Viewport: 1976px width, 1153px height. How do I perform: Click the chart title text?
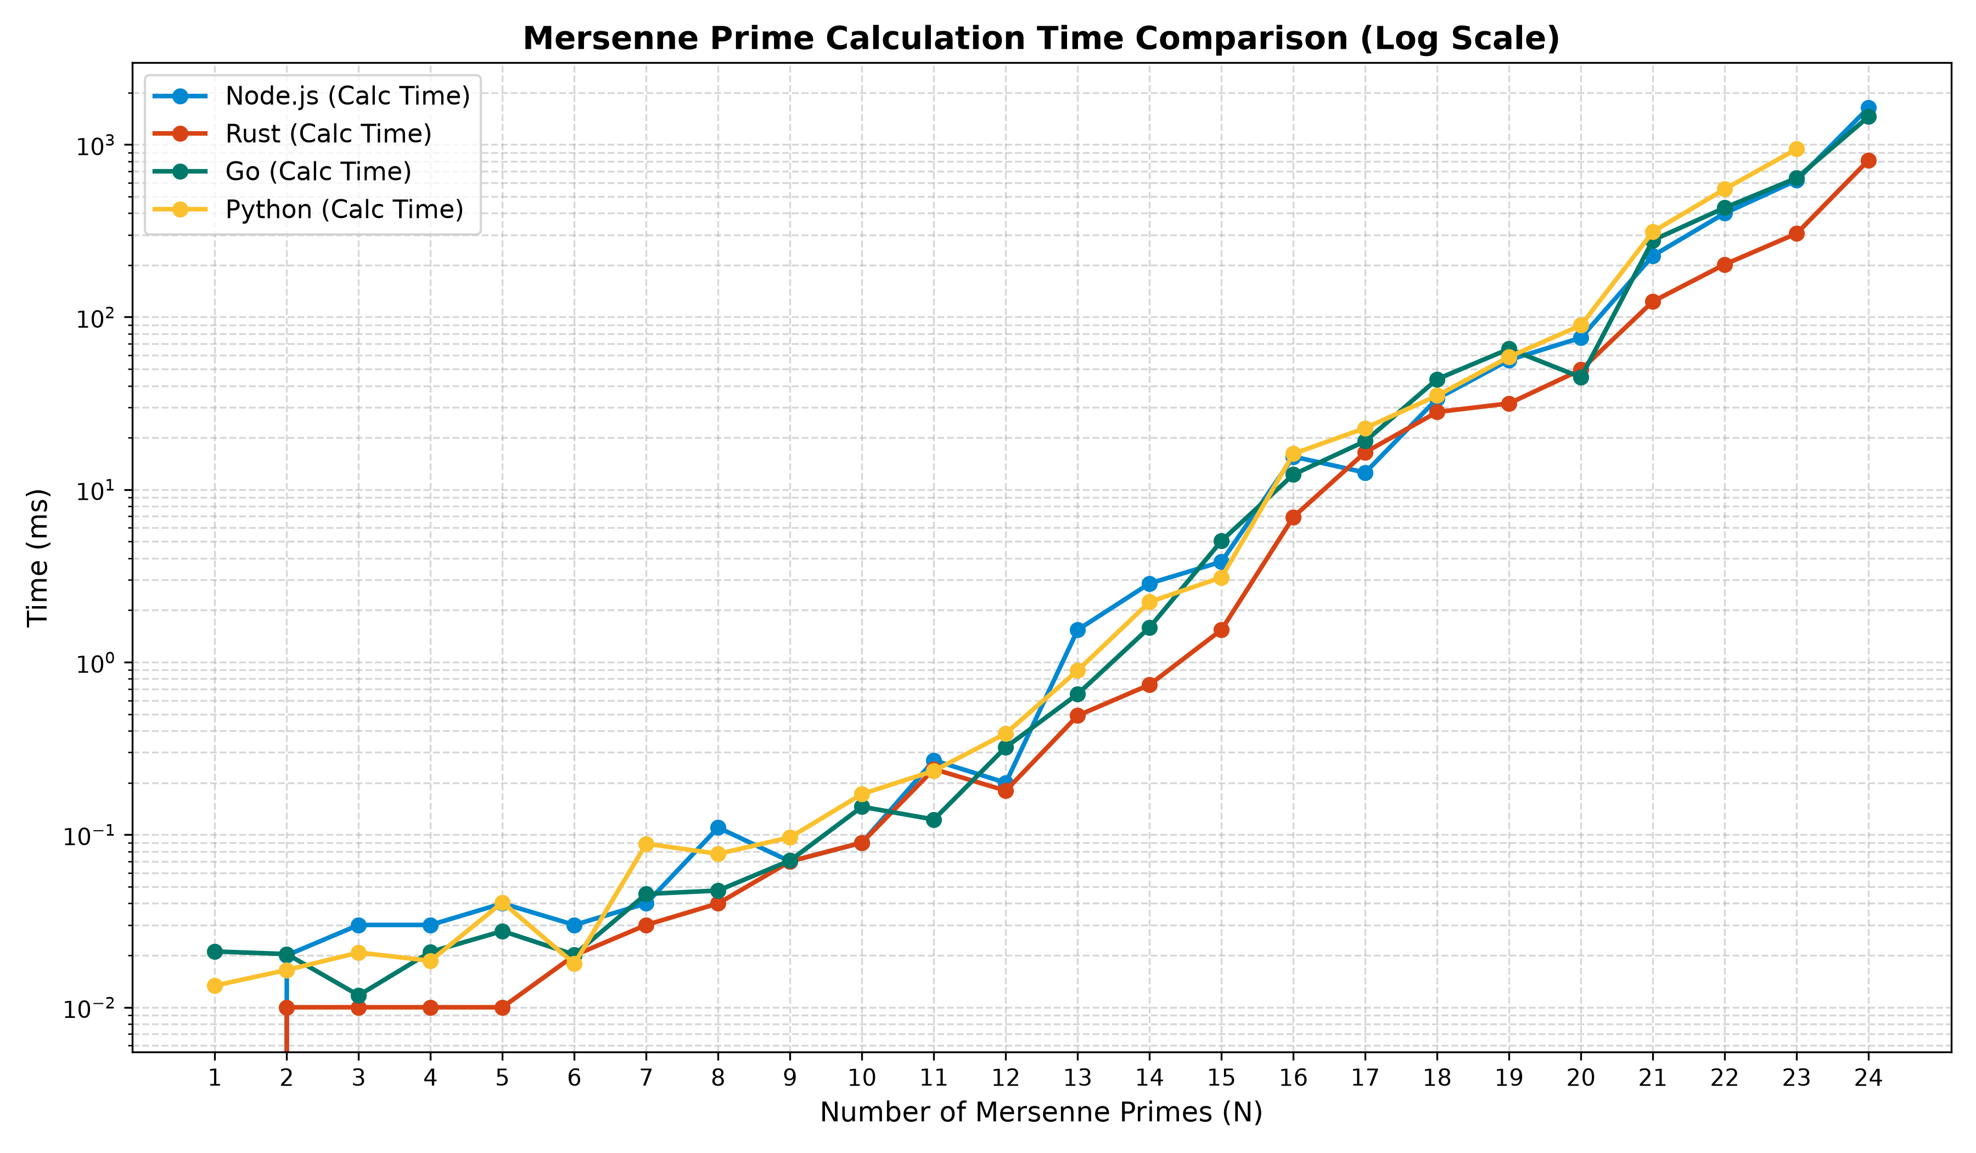1041,38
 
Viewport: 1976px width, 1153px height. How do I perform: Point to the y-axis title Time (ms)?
38,558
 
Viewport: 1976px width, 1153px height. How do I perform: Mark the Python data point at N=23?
1797,149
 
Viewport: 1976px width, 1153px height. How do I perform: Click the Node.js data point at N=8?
717,827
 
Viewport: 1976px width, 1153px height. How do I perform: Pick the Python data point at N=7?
646,844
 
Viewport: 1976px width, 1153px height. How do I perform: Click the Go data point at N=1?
214,951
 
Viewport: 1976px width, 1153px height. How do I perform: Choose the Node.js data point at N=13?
1077,630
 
